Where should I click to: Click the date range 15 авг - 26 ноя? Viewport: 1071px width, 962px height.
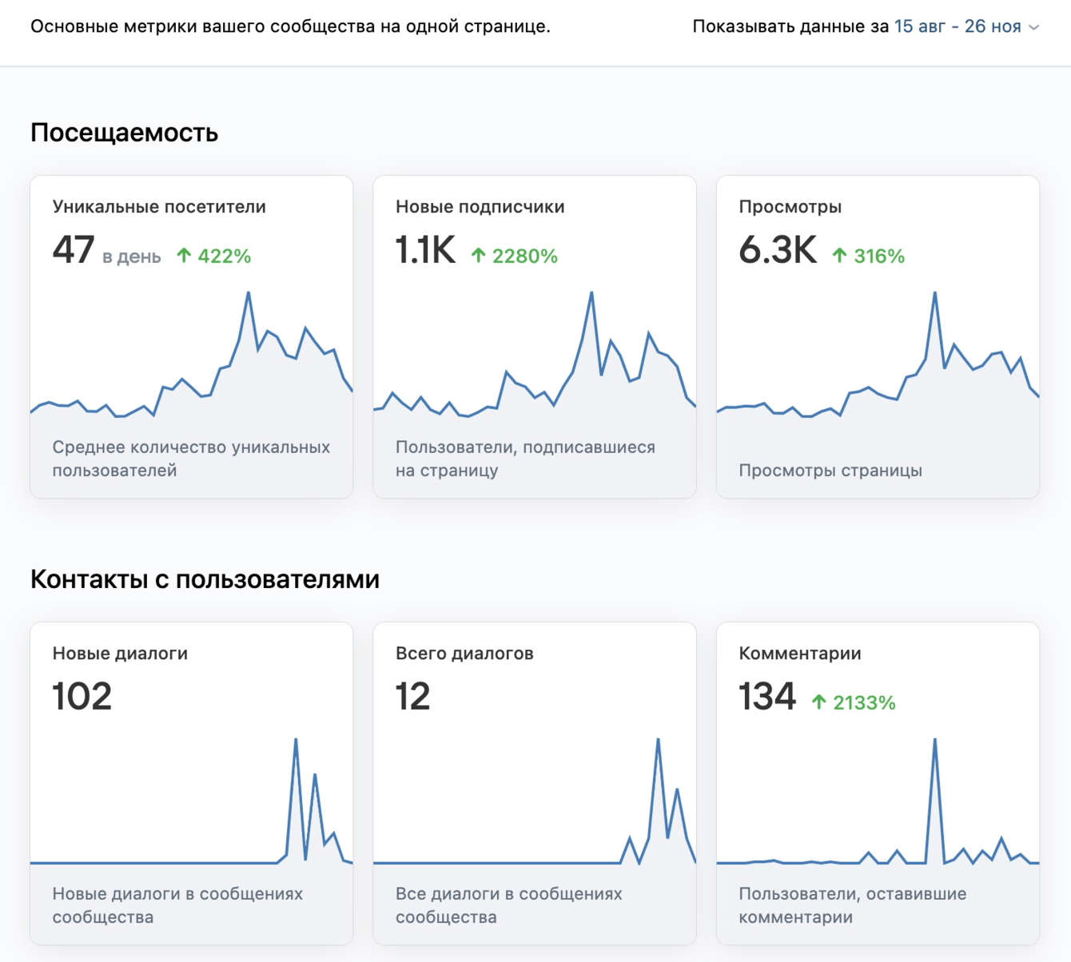[957, 26]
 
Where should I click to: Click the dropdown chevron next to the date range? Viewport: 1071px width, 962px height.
[1033, 27]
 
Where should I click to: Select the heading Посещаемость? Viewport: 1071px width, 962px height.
[124, 132]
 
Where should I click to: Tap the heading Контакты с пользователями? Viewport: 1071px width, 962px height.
[205, 578]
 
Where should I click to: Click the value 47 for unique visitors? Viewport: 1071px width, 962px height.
[74, 249]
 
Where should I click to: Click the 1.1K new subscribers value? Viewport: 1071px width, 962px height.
[425, 249]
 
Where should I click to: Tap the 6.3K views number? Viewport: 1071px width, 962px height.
[778, 249]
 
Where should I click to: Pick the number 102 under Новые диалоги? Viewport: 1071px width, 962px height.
[82, 696]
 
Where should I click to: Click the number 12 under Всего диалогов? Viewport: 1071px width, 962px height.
[412, 696]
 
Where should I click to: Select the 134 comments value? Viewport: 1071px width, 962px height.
[767, 696]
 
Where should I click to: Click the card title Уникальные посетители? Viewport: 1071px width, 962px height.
[159, 206]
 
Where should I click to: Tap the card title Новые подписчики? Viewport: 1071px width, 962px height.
[480, 206]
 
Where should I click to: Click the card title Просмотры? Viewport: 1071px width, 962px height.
[790, 206]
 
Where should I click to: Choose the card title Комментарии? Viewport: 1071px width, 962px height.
[799, 653]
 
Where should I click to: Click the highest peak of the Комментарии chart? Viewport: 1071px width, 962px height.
[934, 741]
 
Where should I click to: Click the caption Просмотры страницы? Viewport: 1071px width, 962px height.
[830, 470]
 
